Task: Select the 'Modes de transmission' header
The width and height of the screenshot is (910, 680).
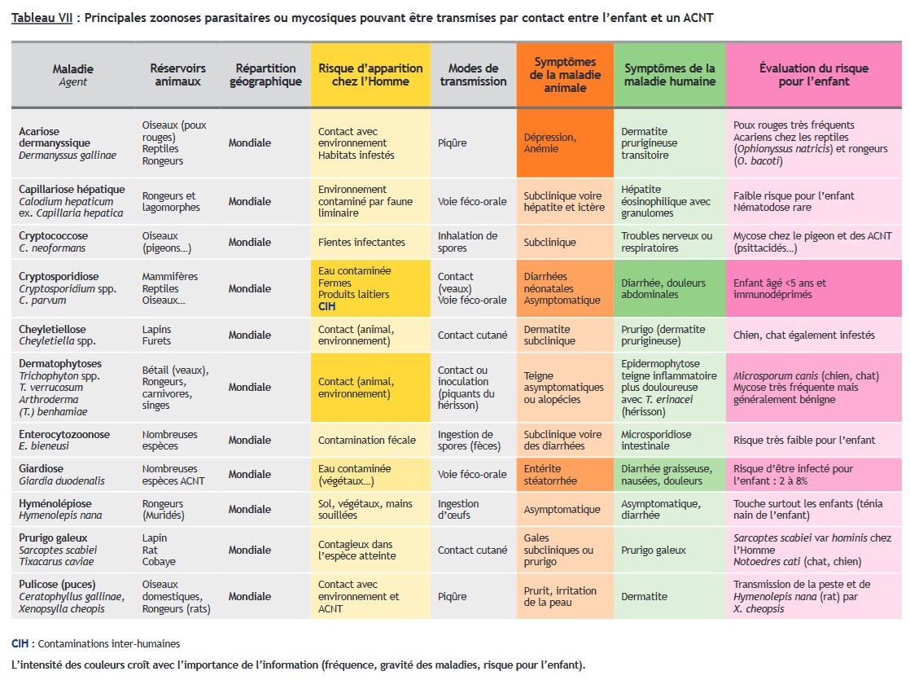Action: [473, 75]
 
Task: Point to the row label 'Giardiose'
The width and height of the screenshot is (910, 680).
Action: [42, 469]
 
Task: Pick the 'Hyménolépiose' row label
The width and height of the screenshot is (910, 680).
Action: [55, 504]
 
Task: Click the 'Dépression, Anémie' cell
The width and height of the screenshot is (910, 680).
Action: [550, 143]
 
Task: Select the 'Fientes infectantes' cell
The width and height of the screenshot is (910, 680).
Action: [361, 242]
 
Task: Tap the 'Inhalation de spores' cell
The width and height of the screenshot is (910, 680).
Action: [467, 242]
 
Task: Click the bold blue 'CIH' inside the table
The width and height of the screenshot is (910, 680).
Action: [327, 307]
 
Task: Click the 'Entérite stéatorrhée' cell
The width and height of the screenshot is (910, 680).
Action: [550, 475]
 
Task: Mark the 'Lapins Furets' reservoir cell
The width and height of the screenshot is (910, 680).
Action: [157, 336]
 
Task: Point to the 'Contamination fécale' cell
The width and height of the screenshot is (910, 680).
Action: [367, 441]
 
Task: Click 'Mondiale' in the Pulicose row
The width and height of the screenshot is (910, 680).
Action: [250, 597]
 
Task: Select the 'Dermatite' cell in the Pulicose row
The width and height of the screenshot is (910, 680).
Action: [644, 597]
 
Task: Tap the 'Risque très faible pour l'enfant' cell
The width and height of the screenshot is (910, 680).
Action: [804, 441]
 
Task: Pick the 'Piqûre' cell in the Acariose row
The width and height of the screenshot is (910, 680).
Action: [453, 143]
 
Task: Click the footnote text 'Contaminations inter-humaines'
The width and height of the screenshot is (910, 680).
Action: [109, 644]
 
